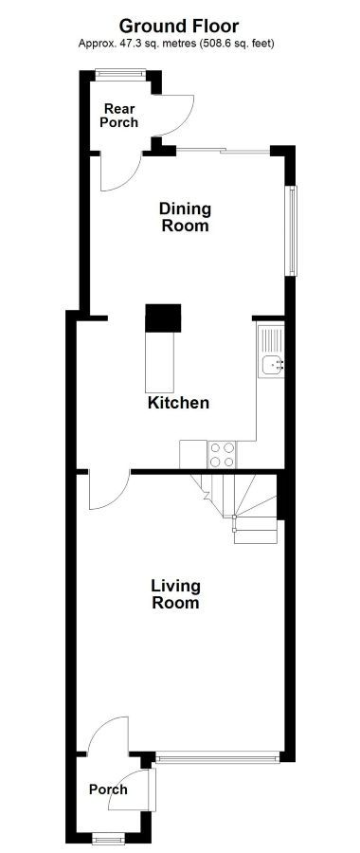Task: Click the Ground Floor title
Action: coord(179,26)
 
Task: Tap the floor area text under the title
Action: coord(176,43)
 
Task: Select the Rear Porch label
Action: coord(119,116)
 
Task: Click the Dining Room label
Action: coord(185,216)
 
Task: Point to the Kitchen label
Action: coord(178,403)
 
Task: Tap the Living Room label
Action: coord(175,594)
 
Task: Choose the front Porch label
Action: coord(108,789)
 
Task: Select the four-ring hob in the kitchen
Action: coord(223,454)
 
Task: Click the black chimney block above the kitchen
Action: coord(163,318)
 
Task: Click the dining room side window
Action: coord(293,230)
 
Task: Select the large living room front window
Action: coord(217,756)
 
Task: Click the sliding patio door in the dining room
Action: coord(223,150)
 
